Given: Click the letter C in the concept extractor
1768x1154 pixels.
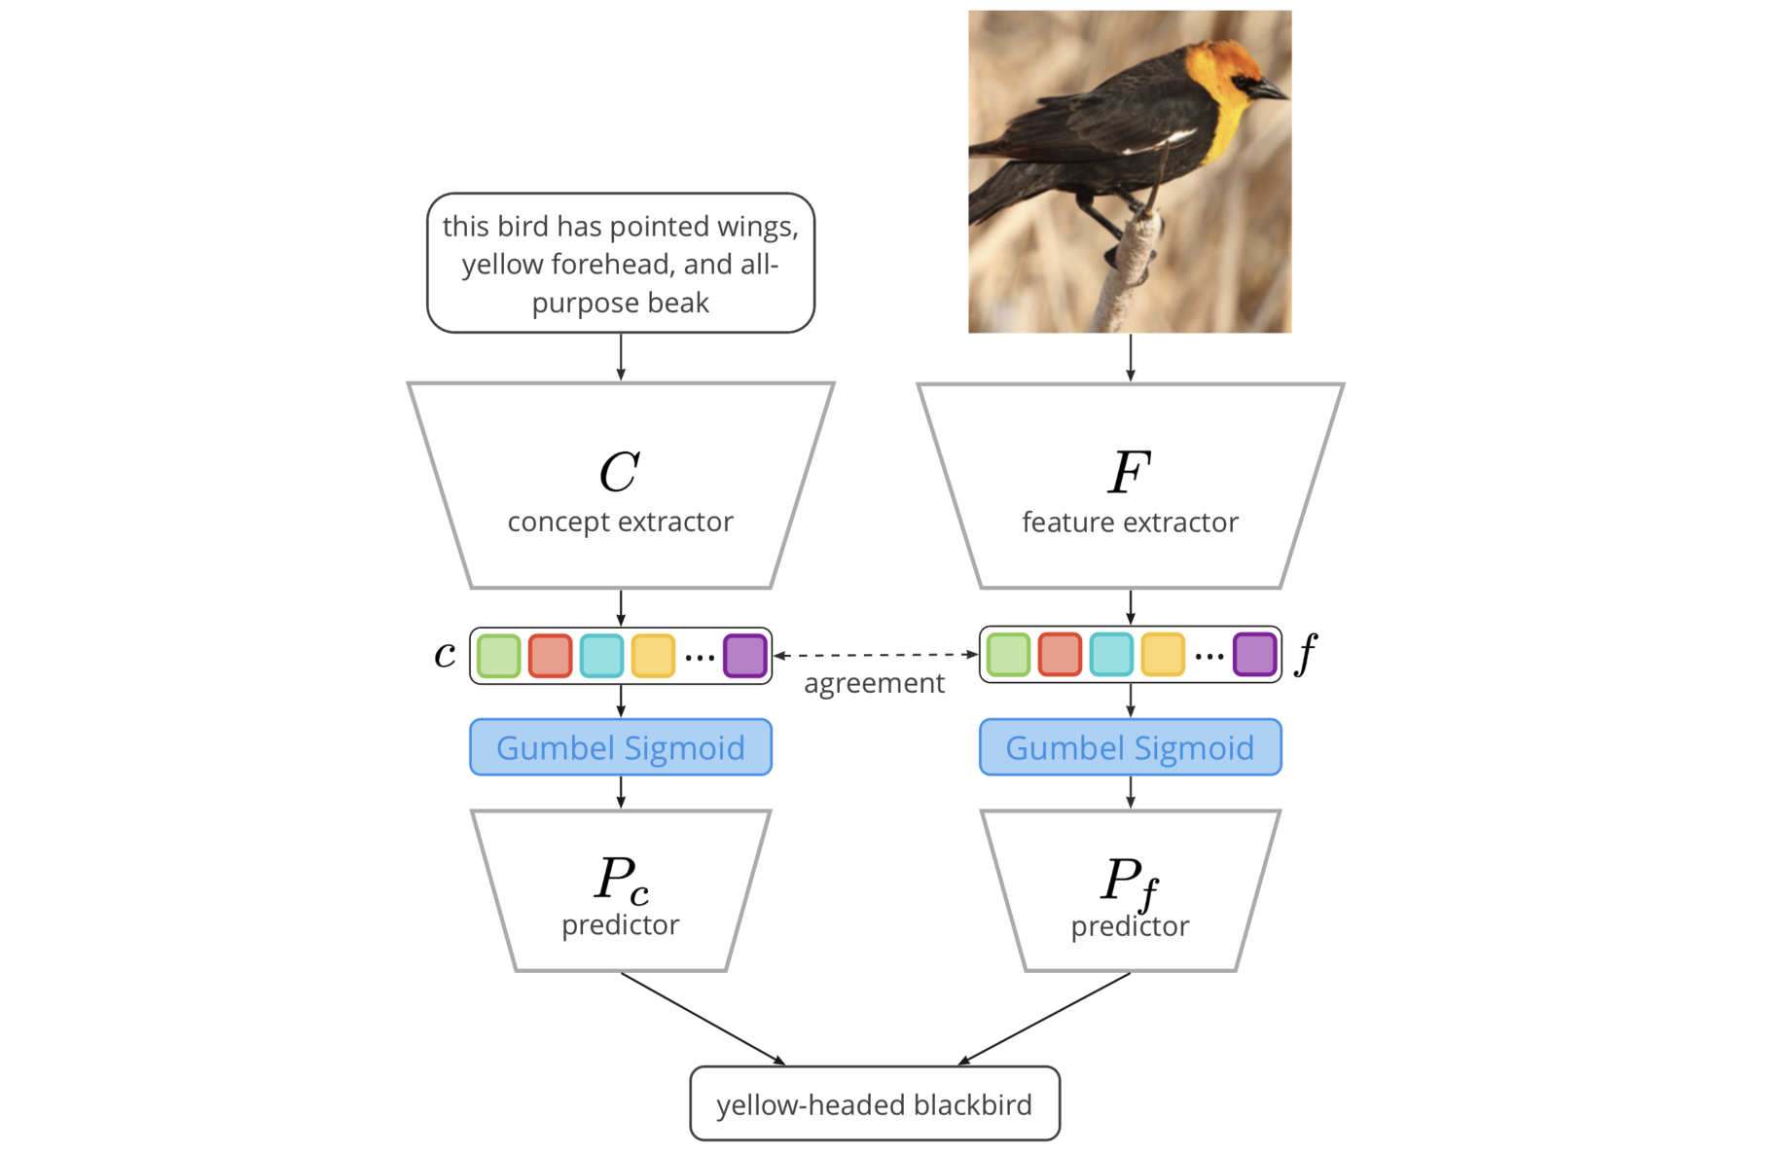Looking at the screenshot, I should click(x=619, y=473).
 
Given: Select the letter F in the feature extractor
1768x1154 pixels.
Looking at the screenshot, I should click(x=1129, y=473).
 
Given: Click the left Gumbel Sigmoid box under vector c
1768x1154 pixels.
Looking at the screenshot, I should click(x=621, y=747).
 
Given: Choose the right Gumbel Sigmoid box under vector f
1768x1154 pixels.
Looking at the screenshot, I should click(x=1130, y=747).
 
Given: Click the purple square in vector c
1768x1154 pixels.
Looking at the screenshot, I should click(x=745, y=656).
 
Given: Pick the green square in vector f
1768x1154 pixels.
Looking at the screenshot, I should click(x=1008, y=655).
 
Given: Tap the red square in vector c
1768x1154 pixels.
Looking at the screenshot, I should click(x=550, y=656).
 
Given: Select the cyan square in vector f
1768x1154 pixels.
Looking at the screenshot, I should click(x=1111, y=655).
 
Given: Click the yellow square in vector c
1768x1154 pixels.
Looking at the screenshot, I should click(x=653, y=656).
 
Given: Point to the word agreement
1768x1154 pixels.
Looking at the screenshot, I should click(x=874, y=684).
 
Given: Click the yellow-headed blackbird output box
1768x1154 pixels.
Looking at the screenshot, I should click(x=874, y=1104).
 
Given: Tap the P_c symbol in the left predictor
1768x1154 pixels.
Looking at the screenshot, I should click(x=621, y=880).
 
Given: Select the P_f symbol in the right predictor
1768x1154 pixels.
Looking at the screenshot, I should click(x=1129, y=882).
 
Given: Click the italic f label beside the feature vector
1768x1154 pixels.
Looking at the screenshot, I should click(x=1307, y=653).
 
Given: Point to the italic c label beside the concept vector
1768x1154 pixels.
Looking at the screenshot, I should click(x=445, y=655).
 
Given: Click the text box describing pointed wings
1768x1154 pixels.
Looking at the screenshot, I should click(x=621, y=264).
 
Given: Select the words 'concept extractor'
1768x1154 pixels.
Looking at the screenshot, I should click(x=621, y=523).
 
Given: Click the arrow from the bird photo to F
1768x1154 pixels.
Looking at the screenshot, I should click(x=1130, y=357).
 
